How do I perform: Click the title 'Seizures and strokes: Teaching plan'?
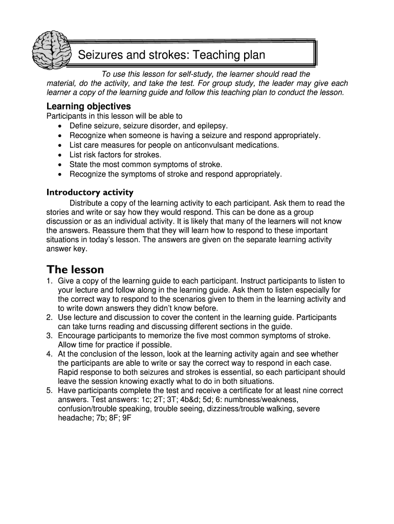[x=171, y=55]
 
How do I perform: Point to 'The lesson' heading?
[x=75, y=269]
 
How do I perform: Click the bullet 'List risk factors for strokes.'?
[x=115, y=155]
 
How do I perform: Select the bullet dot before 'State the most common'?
[x=61, y=164]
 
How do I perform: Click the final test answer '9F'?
[x=127, y=418]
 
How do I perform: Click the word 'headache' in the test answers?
[x=73, y=418]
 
